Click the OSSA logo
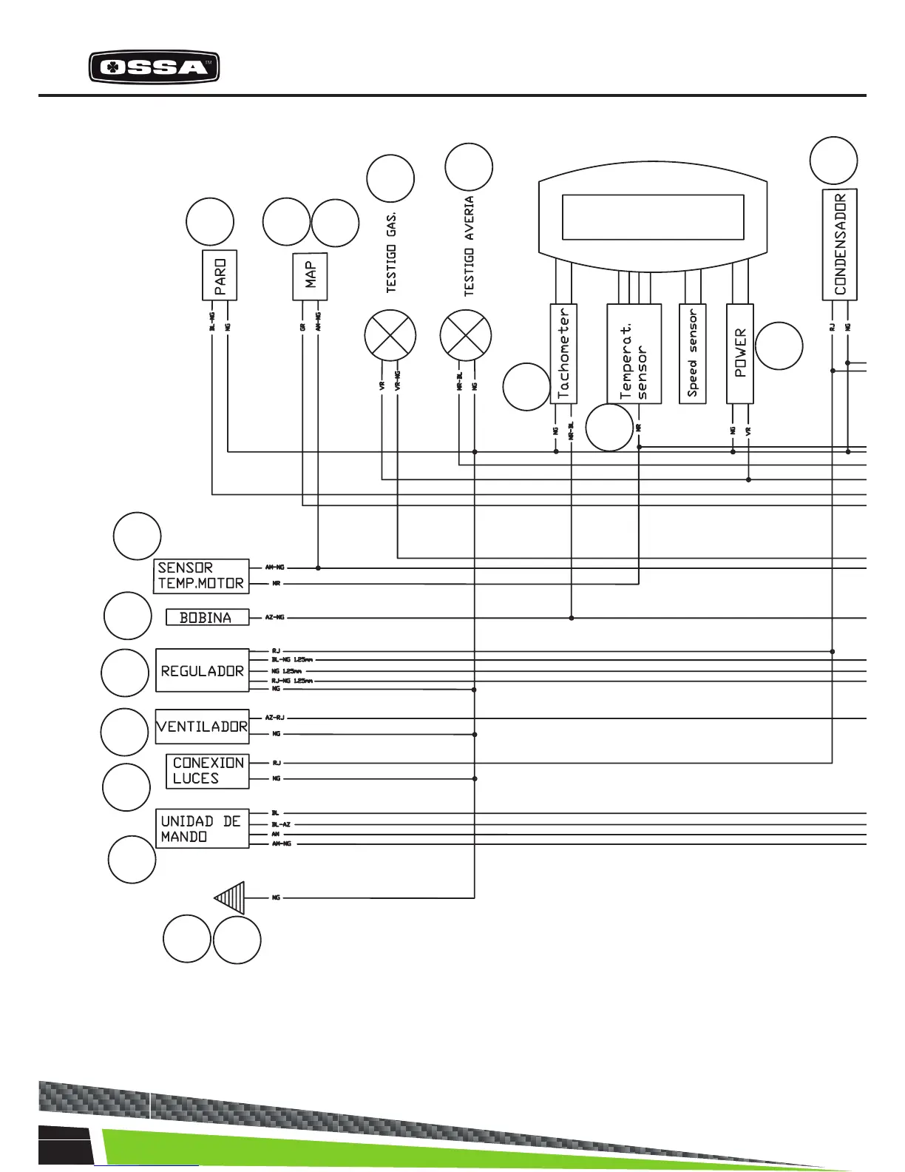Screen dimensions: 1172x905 pos(154,68)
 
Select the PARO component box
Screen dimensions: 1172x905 pos(220,275)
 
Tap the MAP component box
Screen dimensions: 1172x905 pos(310,275)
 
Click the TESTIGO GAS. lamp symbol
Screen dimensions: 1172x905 pos(390,336)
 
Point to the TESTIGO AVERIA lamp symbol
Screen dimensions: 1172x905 pos(466,336)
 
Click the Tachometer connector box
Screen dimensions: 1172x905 pos(563,354)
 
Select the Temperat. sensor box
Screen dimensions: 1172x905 pos(634,354)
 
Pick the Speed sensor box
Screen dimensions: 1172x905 pos(693,354)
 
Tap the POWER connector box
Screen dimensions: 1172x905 pos(740,354)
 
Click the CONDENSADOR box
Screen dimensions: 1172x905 pos(840,245)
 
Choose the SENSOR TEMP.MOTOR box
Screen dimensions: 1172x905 pos(201,576)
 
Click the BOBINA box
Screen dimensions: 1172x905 pos(207,617)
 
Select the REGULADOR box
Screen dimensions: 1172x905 pos(202,670)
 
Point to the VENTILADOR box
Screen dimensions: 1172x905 pos(202,727)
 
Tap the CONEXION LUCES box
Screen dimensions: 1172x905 pos(207,771)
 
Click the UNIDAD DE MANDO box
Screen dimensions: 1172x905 pos(201,829)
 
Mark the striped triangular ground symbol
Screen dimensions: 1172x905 pos(231,897)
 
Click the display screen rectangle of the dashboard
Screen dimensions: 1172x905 pos(653,218)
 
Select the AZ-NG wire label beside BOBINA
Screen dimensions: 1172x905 pos(275,617)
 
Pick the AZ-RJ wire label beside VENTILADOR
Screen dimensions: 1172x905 pos(275,718)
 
